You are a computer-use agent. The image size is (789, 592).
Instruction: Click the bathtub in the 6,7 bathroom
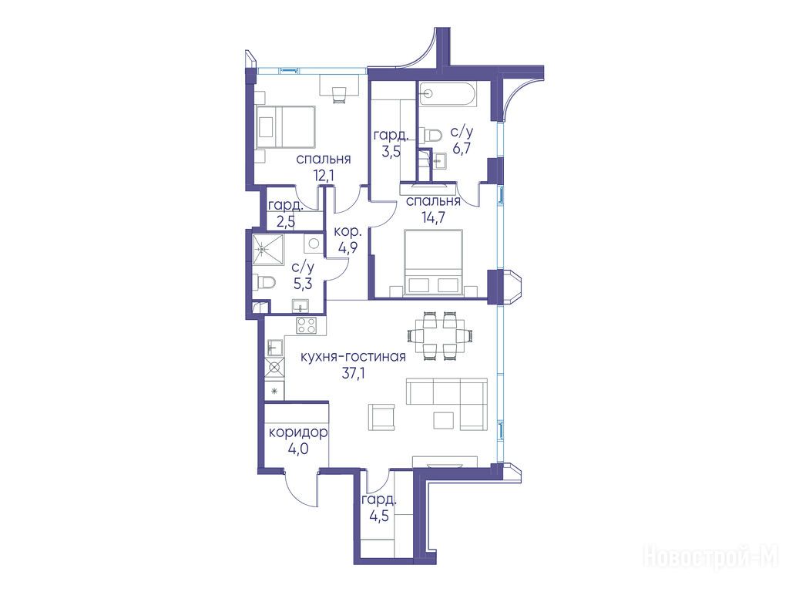(448, 94)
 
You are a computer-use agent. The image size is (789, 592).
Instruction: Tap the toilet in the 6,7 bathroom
(431, 135)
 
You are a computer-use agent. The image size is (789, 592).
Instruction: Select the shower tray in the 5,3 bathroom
(268, 249)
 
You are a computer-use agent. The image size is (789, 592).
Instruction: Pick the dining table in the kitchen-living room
(440, 335)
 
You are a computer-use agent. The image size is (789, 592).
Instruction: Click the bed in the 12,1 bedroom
(285, 126)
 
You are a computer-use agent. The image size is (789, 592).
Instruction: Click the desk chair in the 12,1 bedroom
(339, 95)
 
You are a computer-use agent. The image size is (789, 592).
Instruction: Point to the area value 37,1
(353, 374)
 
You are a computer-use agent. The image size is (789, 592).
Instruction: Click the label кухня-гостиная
(353, 357)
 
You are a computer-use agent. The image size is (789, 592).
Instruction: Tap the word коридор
(298, 432)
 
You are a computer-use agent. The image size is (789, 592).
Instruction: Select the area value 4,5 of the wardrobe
(378, 516)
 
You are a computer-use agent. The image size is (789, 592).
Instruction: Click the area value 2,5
(285, 221)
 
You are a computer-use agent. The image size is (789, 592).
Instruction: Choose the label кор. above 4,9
(347, 232)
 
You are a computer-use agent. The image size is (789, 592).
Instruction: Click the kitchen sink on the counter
(274, 347)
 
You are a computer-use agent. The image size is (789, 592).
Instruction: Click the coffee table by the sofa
(445, 420)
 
